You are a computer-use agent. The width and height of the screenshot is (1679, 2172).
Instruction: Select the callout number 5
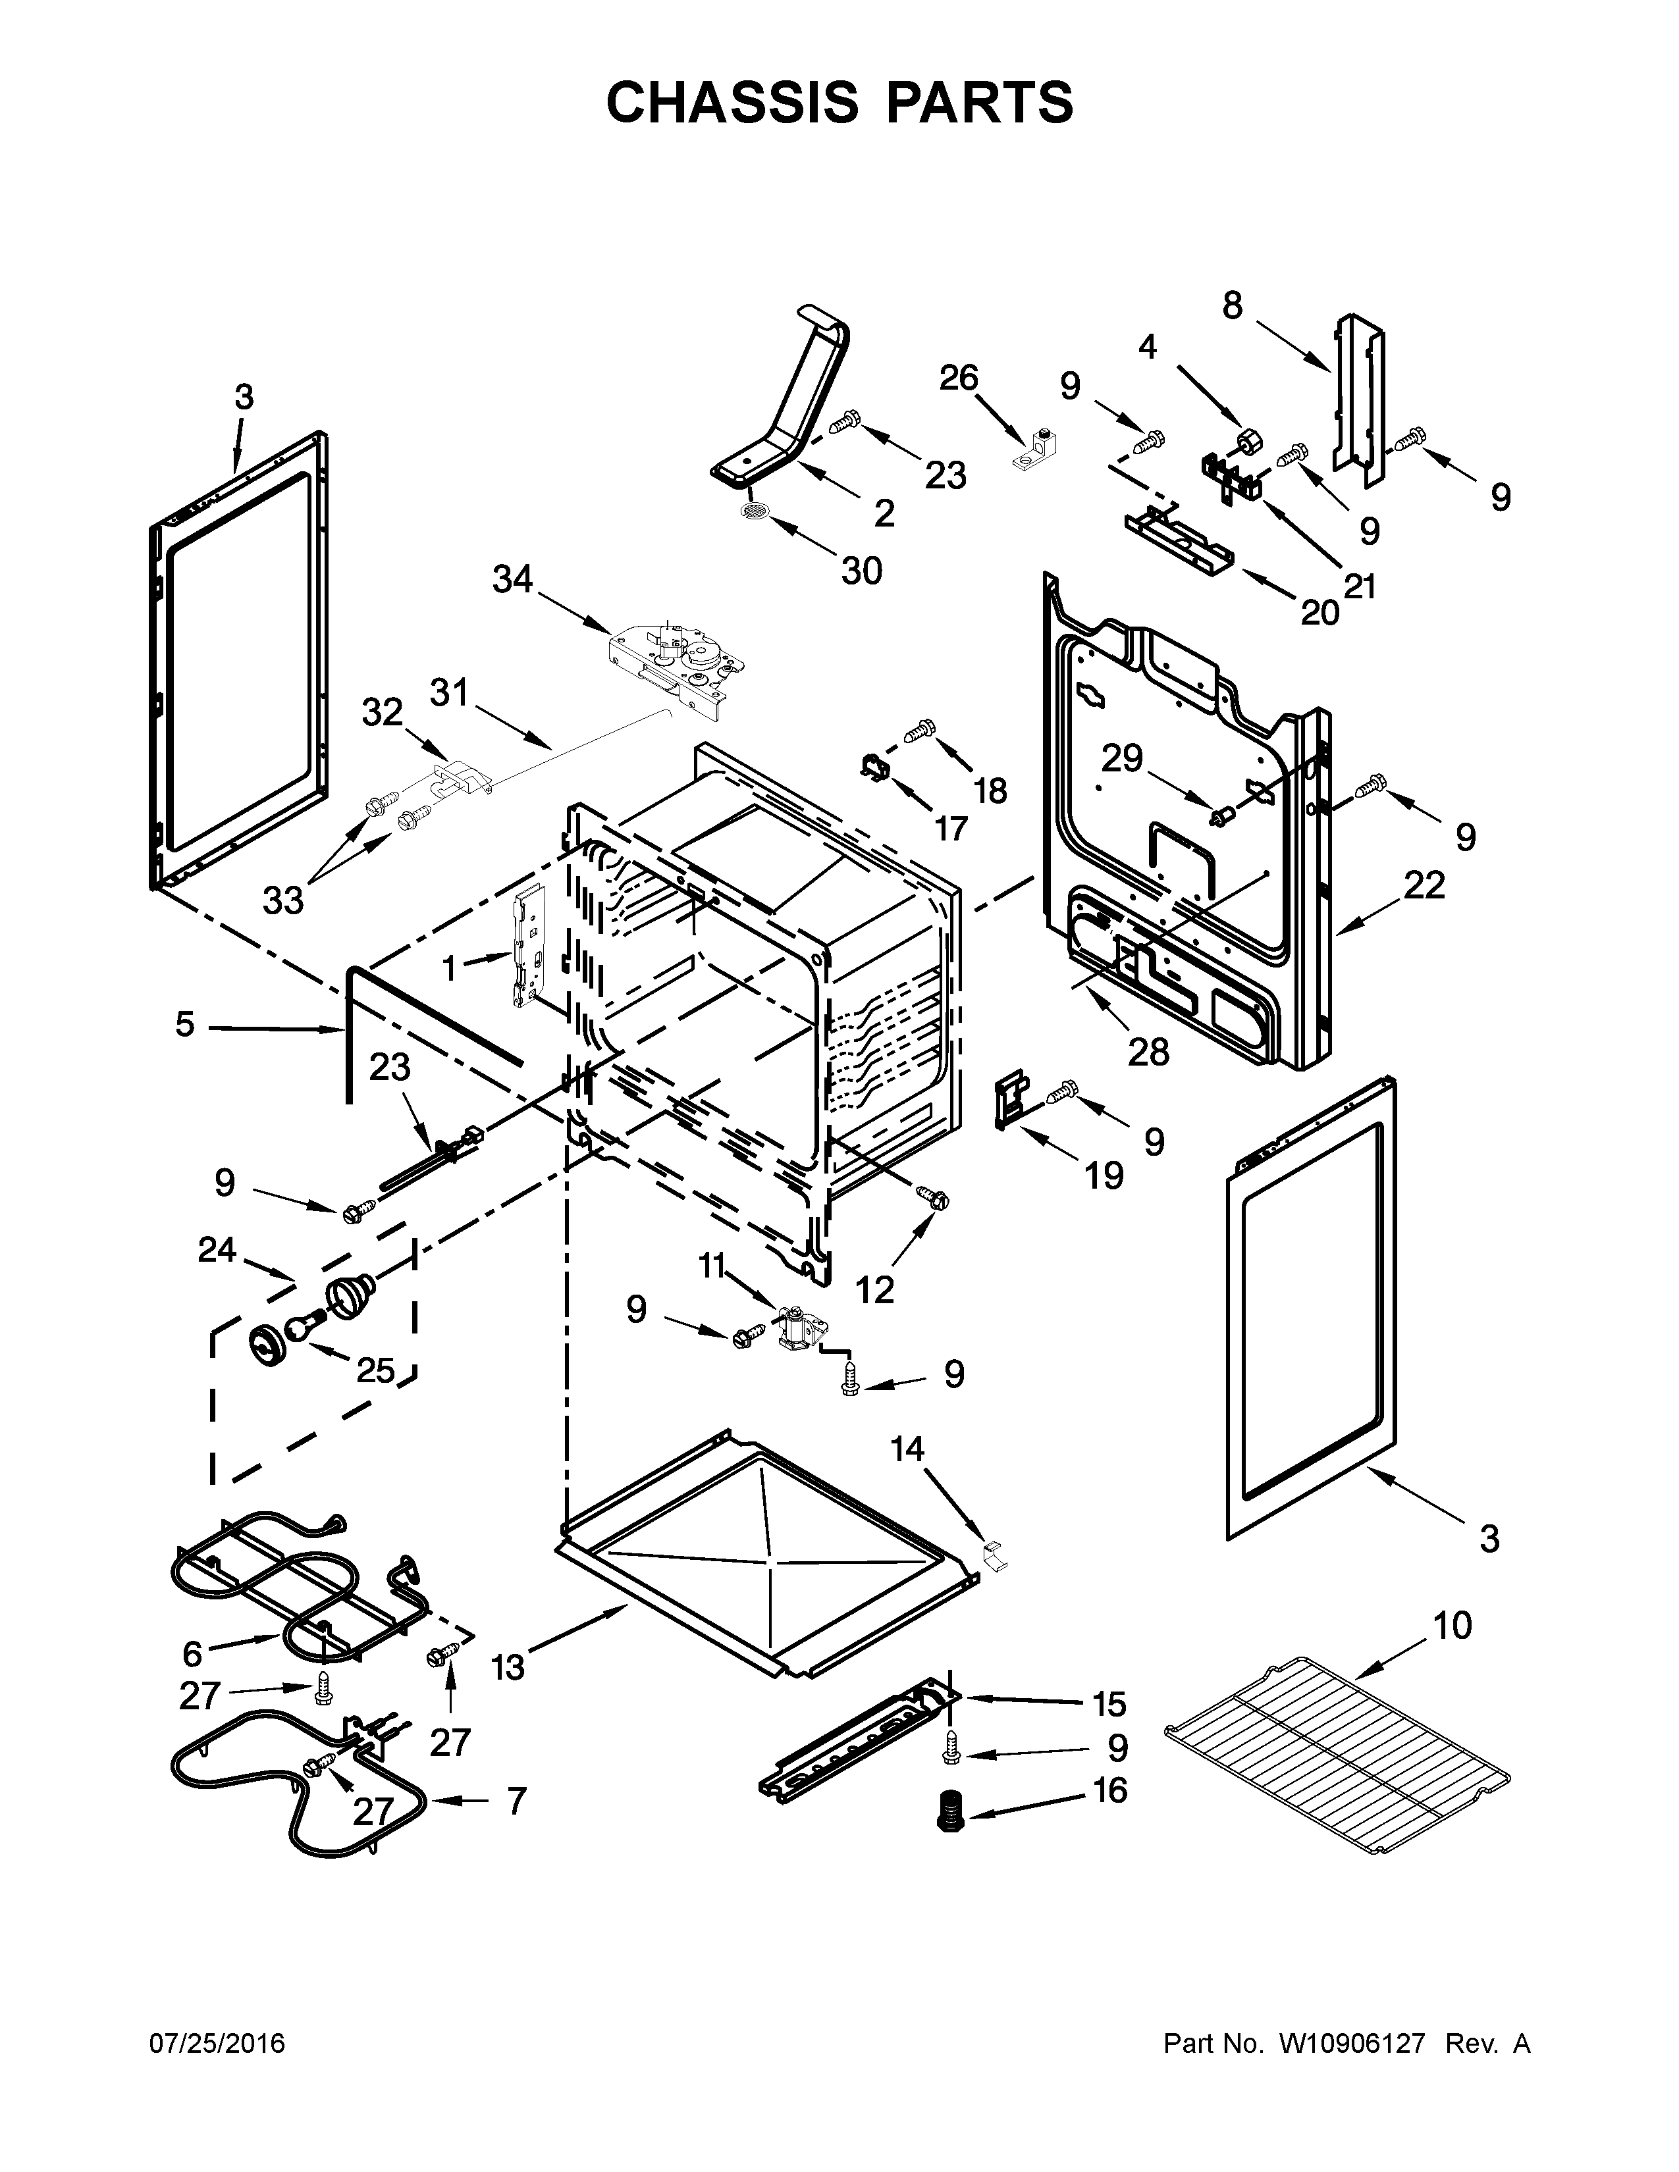point(185,1023)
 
